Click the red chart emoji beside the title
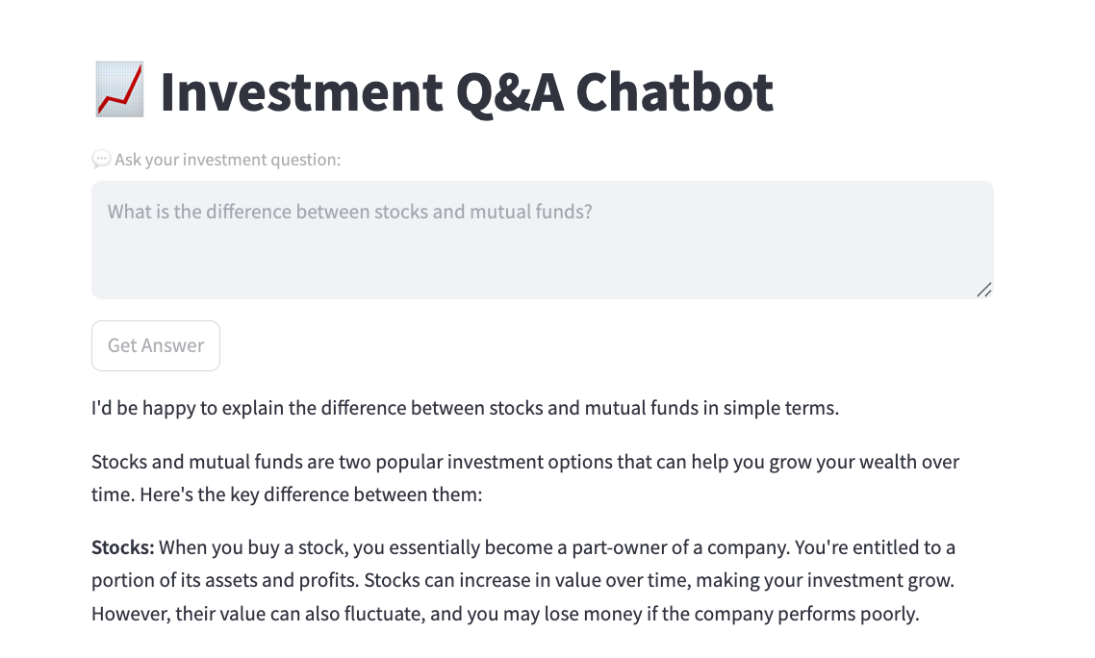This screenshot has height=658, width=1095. (x=119, y=89)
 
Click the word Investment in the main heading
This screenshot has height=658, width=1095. (x=301, y=91)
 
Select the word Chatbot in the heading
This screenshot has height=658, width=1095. (x=675, y=91)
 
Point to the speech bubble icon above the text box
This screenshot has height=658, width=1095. (x=101, y=160)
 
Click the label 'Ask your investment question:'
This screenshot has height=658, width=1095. (x=227, y=160)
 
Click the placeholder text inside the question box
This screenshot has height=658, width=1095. (x=349, y=212)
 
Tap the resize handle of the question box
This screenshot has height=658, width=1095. (x=983, y=290)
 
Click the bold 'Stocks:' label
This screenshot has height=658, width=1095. (x=122, y=548)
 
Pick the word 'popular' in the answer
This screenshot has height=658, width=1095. (x=376, y=462)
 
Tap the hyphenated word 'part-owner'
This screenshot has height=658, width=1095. (x=643, y=548)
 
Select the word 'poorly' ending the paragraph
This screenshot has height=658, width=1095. (x=888, y=614)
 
